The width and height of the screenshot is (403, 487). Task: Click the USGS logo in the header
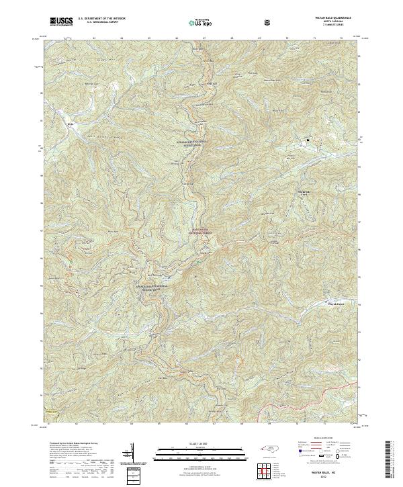click(60, 21)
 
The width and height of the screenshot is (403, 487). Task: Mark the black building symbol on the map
click(308, 140)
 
